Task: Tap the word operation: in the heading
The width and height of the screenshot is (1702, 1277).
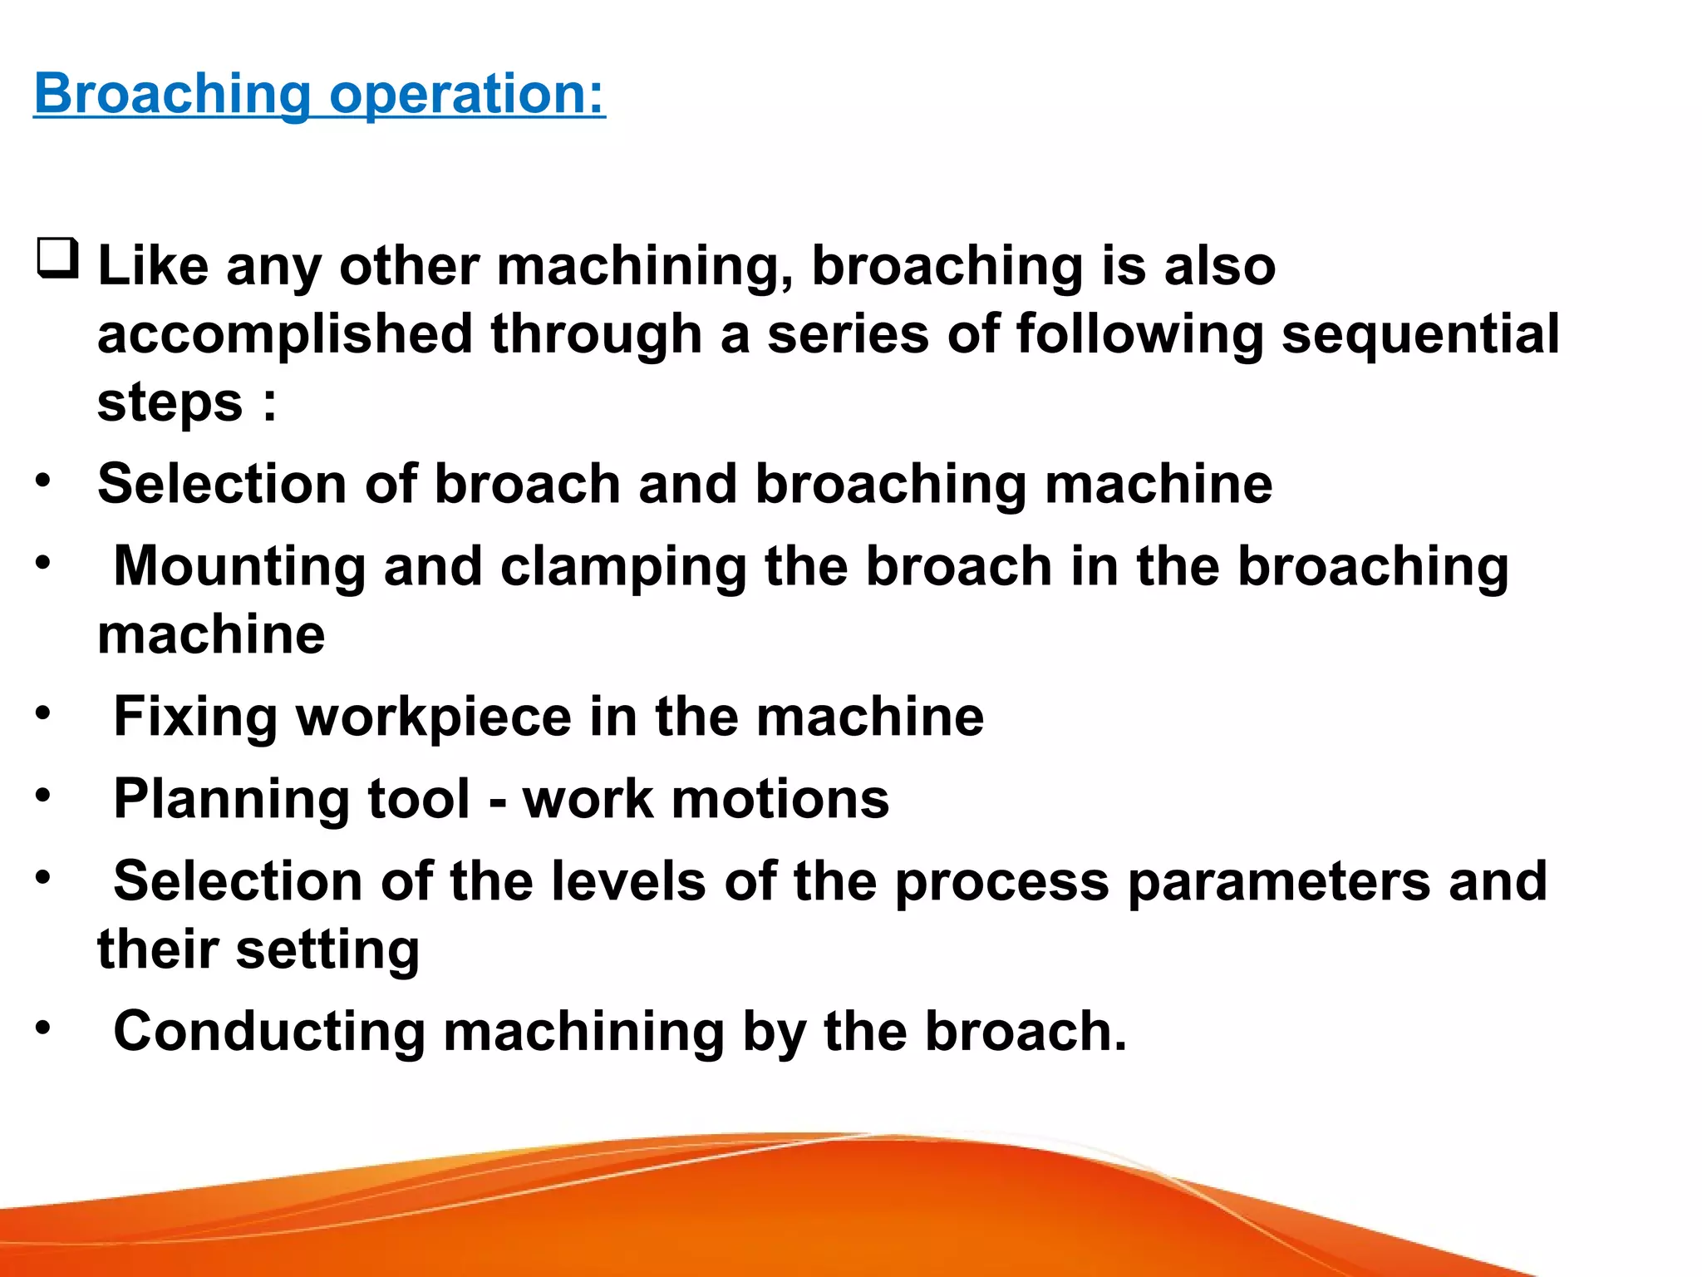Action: (467, 93)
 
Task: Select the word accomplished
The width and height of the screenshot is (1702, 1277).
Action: (285, 334)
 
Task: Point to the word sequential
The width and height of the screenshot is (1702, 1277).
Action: (1420, 334)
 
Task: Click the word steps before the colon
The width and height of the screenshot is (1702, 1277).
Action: (170, 402)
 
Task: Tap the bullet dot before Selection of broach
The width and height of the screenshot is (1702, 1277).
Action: (43, 480)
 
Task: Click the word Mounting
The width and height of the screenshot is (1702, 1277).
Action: (239, 566)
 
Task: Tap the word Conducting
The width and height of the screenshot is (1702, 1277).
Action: (268, 1032)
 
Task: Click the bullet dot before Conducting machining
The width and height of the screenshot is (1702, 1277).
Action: (43, 1028)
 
